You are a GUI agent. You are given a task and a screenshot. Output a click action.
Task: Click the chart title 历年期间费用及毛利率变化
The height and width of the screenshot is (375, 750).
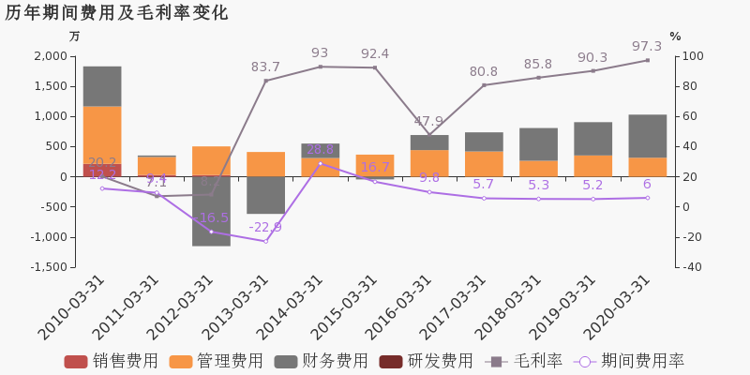pos(116,13)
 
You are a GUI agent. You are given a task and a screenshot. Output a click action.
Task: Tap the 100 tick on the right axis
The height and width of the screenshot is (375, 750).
pos(693,56)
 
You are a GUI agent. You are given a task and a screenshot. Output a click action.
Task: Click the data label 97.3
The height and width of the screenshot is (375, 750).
pos(647,46)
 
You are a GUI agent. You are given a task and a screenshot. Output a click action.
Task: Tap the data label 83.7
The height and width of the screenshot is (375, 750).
pos(265,67)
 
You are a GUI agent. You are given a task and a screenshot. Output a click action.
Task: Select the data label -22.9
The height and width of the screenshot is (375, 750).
pos(265,227)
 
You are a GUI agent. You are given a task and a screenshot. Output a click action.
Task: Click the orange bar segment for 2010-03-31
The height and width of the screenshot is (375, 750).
pos(102,135)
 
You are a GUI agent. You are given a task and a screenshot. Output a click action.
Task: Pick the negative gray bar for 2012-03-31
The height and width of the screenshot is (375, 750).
pos(211,211)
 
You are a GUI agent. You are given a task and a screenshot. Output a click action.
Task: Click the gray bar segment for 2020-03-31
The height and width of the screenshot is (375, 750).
pos(647,136)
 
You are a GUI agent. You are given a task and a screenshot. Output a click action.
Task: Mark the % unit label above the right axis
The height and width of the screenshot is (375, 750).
pos(675,37)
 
